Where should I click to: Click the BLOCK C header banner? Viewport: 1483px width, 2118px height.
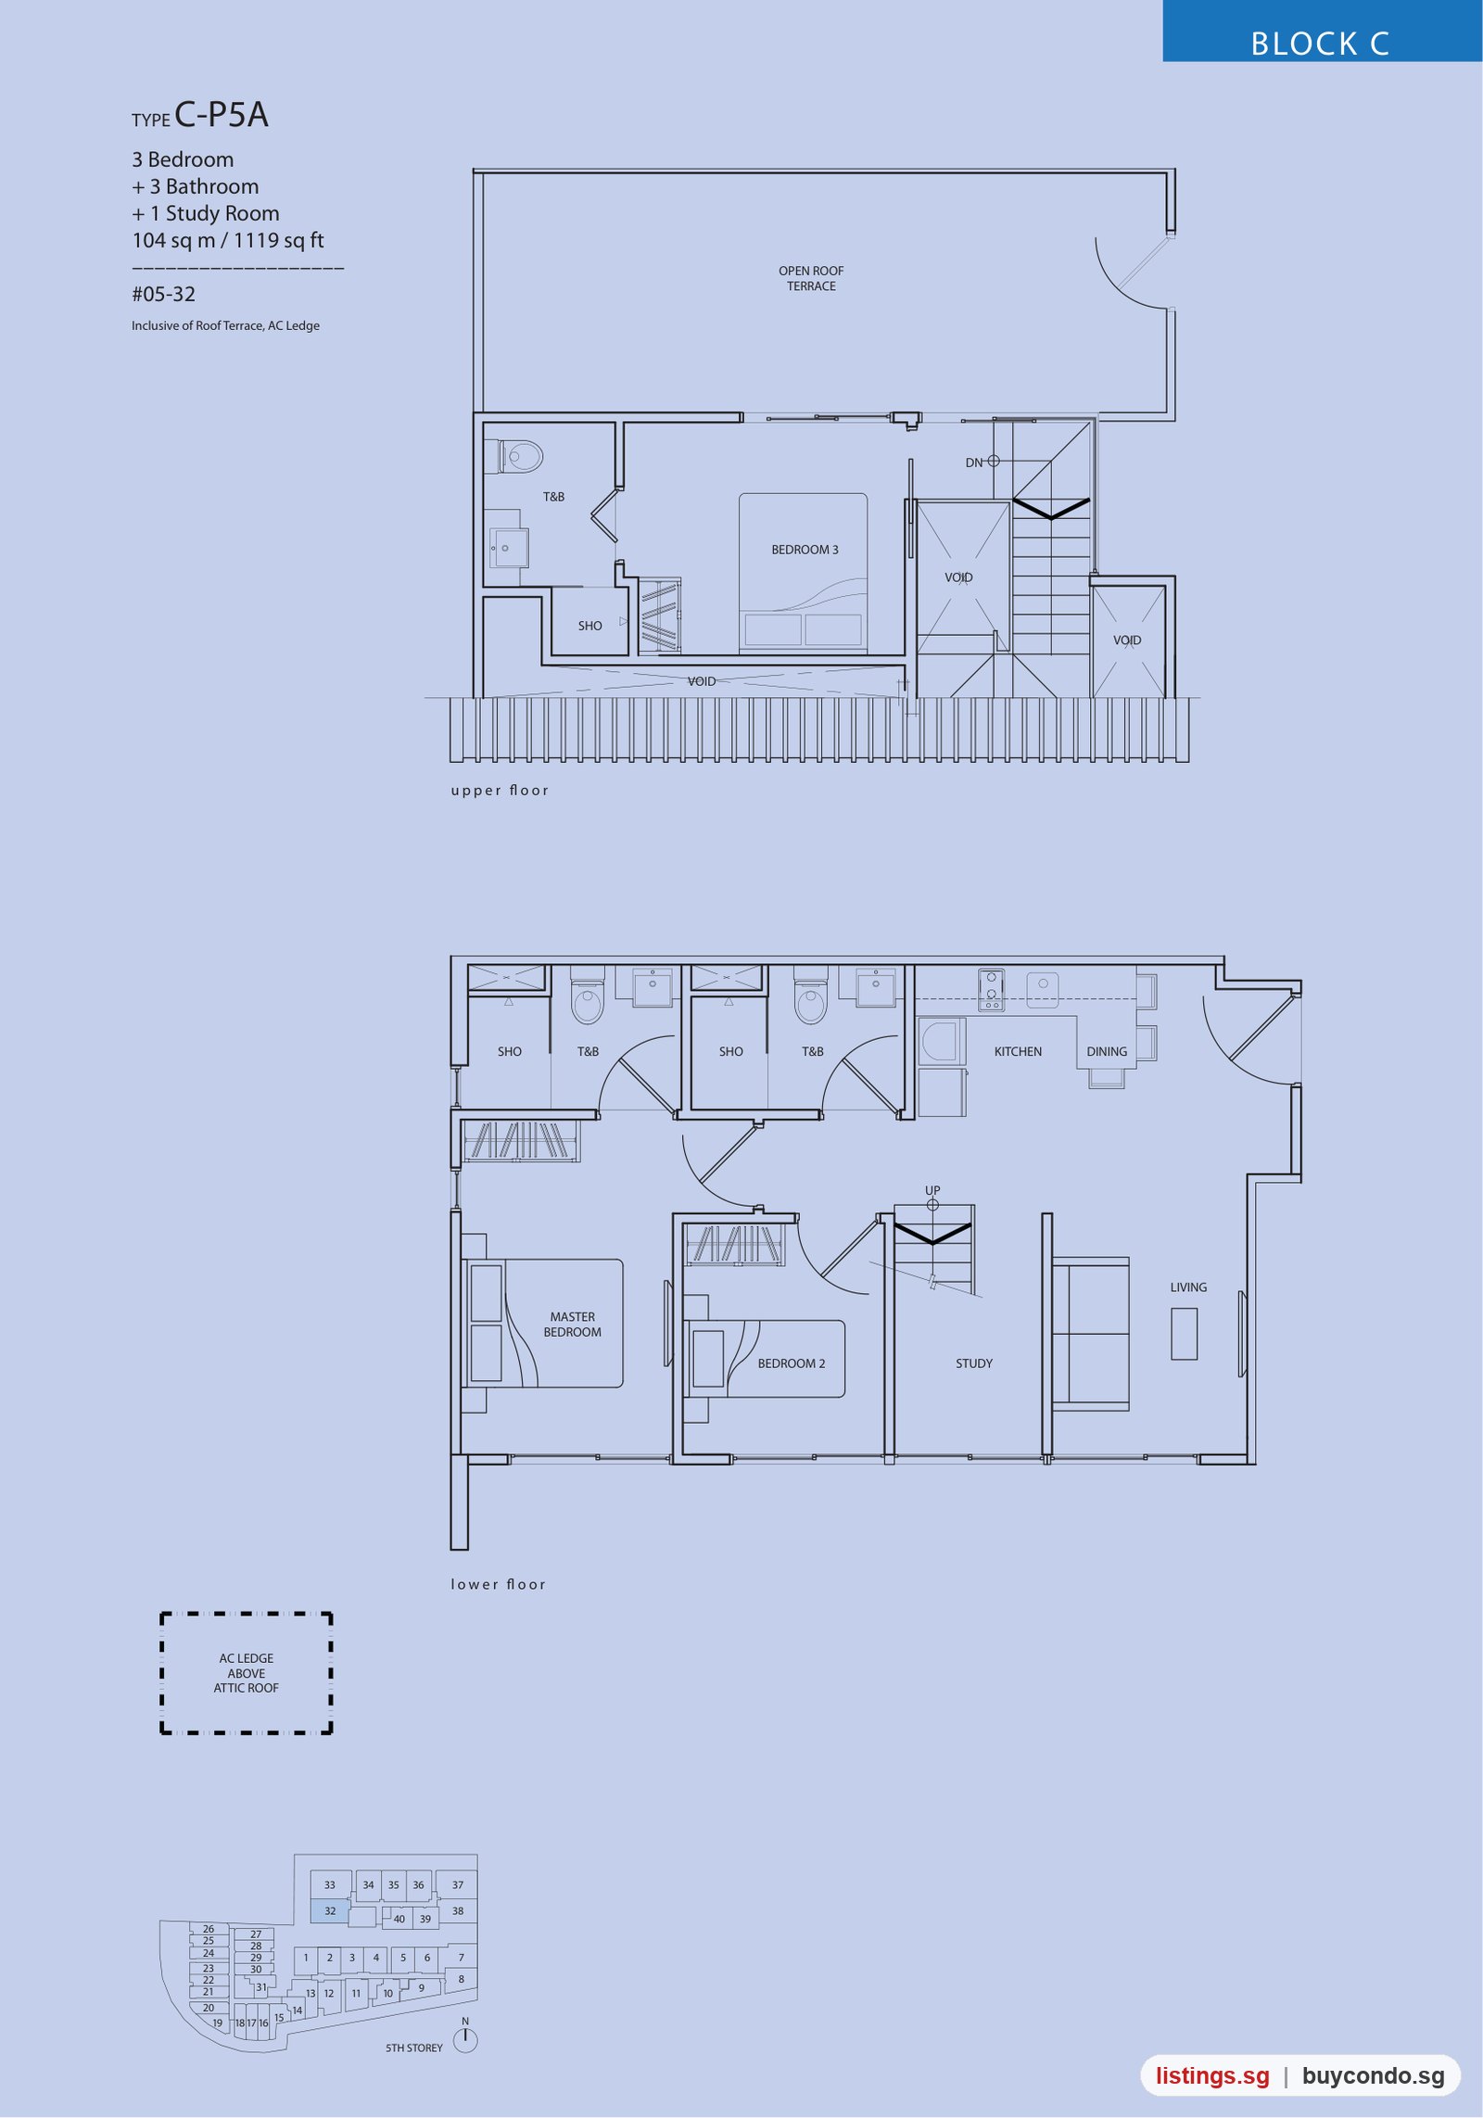point(1323,32)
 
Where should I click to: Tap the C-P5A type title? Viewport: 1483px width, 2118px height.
point(222,115)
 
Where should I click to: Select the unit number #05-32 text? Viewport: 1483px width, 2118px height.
point(163,295)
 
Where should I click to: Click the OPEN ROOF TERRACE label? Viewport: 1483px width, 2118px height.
point(811,278)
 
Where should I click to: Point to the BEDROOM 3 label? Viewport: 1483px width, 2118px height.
point(805,550)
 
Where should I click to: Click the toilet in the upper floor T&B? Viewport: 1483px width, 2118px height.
point(521,457)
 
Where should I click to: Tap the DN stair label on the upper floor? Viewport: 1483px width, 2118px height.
point(973,463)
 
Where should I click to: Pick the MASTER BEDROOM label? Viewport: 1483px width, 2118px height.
point(572,1325)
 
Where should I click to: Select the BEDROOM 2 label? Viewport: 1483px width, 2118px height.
point(791,1363)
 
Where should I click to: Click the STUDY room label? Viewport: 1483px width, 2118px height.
point(974,1363)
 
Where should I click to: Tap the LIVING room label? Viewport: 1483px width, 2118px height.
point(1188,1287)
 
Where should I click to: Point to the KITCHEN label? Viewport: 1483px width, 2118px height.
point(1018,1052)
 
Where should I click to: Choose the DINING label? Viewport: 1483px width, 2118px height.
point(1107,1052)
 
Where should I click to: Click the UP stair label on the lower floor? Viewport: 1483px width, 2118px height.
point(932,1190)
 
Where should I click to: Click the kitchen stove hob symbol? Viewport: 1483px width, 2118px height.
point(991,990)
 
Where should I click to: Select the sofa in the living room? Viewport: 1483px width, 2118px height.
point(1091,1334)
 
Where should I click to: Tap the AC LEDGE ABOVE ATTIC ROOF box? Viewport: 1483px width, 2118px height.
point(247,1673)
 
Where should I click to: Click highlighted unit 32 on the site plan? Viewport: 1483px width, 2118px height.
point(330,1911)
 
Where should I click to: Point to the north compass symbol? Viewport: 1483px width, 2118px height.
point(465,2040)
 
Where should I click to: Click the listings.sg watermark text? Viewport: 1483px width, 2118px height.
point(1212,2076)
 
